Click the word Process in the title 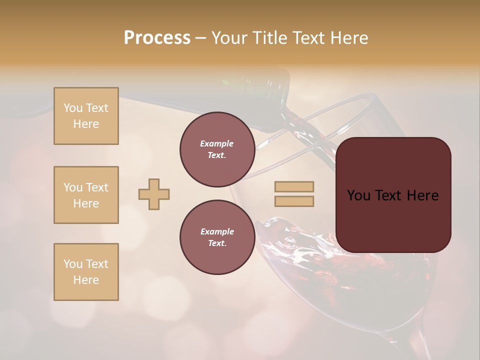coord(157,38)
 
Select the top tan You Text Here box coord(86,116)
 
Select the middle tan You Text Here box coord(86,195)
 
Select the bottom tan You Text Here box coord(86,272)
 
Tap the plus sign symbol coord(154,194)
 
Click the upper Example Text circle coord(217,149)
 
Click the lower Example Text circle coord(217,237)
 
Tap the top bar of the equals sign coord(294,187)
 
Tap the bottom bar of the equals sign coord(294,201)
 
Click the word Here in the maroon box coord(422,195)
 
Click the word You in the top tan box coord(73,108)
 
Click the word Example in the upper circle coord(217,143)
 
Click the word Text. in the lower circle coord(217,243)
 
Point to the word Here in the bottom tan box coord(86,280)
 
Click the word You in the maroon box coord(358,195)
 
